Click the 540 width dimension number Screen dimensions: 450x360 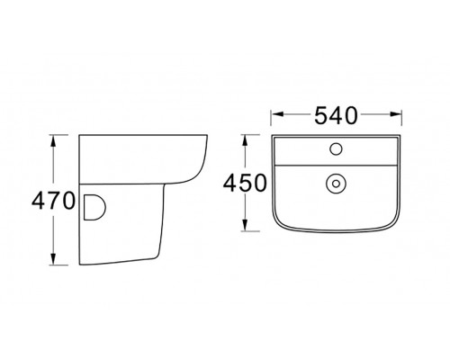pos(336,116)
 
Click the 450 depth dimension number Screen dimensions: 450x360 pos(245,183)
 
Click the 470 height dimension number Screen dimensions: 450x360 pos(53,201)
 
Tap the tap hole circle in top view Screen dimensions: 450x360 pos(336,148)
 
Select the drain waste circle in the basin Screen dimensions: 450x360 pos(336,184)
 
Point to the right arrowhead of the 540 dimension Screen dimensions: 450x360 pos(395,114)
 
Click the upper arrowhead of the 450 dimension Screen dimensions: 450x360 pos(245,140)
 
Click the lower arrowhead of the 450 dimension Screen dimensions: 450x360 pos(245,225)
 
